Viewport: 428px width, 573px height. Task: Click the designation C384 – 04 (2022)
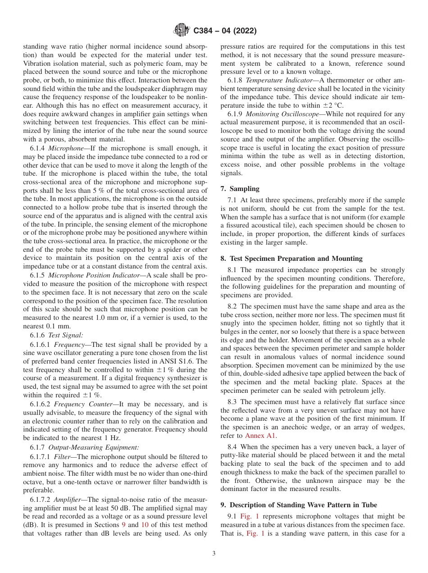pos(225,31)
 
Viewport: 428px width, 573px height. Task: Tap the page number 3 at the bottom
pos(214,554)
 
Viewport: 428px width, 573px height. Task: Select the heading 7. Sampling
pos(240,189)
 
